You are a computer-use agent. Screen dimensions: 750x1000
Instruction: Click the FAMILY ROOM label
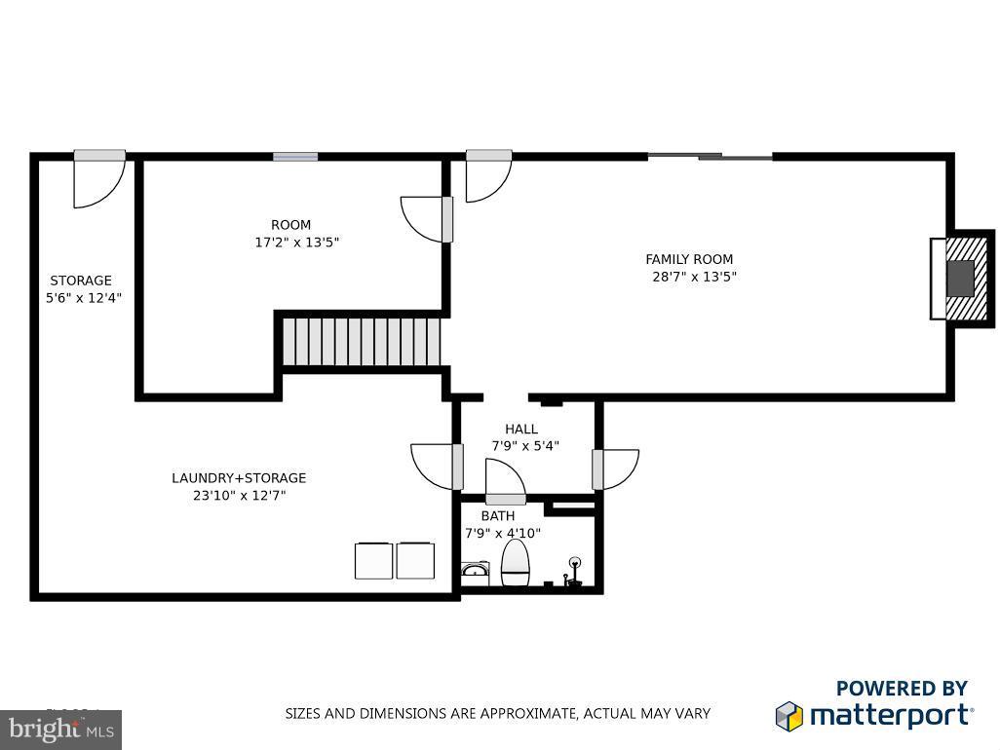coord(689,259)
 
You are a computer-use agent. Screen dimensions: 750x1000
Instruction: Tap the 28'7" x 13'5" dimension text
coord(694,277)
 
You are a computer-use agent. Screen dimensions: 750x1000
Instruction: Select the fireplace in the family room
coord(960,278)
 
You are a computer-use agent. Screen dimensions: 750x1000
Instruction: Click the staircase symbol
coord(362,340)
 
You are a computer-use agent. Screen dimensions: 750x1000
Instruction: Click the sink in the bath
coord(475,570)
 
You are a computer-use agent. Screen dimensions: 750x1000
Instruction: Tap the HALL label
coord(521,430)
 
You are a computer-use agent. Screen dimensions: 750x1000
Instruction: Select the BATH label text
coord(498,516)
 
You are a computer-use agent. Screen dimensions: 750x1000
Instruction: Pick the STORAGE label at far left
coord(81,281)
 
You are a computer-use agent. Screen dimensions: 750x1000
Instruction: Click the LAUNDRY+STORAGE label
coord(239,478)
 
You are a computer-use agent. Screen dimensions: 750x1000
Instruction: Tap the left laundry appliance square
coord(373,560)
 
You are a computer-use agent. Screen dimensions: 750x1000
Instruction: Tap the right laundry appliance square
coord(415,560)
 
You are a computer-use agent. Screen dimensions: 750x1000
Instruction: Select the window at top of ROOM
coord(295,156)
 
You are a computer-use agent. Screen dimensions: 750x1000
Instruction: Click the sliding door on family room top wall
coord(711,155)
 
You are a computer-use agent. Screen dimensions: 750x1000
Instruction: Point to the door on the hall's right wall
coord(615,469)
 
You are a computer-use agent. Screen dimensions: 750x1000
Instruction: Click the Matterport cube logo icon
coord(788,716)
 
